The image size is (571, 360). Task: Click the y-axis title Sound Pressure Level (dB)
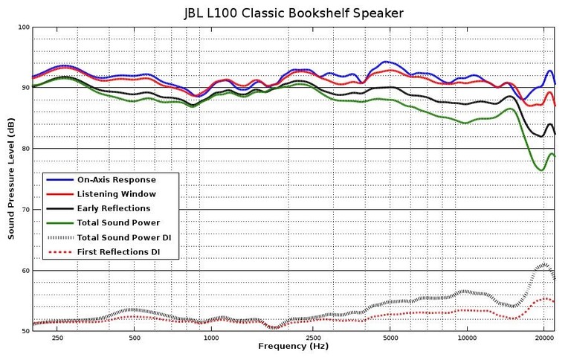[11, 179]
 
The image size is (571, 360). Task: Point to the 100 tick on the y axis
[23, 28]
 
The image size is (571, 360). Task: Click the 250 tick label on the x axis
[57, 337]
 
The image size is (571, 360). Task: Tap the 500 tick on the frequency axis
[135, 337]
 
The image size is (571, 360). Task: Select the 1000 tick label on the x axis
[212, 337]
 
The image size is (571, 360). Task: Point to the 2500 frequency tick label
[314, 337]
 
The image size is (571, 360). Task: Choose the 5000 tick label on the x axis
[391, 337]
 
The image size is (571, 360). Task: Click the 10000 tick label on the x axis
[467, 337]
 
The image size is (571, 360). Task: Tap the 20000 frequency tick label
[543, 337]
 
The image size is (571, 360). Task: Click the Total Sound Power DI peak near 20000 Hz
[544, 264]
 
